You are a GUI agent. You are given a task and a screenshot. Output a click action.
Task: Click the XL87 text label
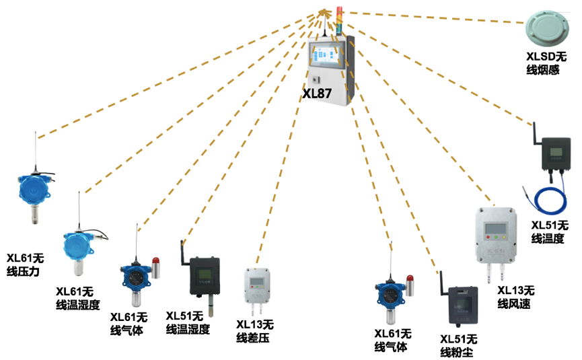pos(317,94)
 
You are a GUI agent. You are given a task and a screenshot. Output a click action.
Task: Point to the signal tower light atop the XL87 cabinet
pos(339,20)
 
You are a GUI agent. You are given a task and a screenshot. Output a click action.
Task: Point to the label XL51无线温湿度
pos(188,323)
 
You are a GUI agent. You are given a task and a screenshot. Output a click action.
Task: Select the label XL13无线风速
pos(515,297)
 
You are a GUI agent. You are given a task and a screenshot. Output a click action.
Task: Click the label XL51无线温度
pos(550,231)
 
